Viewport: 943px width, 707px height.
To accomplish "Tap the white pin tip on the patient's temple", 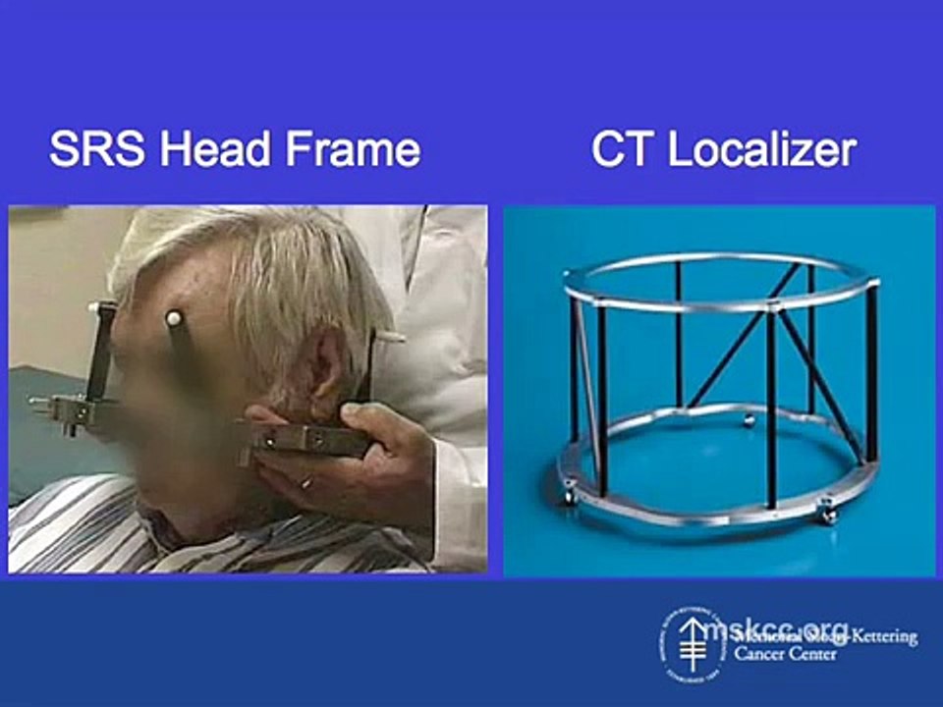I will [173, 319].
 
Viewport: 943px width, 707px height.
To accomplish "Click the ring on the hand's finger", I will [307, 482].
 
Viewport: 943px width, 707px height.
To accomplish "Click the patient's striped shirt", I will [108, 535].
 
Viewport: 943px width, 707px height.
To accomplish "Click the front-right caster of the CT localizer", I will [828, 513].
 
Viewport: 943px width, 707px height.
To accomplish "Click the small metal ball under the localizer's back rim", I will [749, 420].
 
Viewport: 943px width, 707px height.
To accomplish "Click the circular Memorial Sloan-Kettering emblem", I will [693, 645].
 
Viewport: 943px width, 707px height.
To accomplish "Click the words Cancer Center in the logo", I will [786, 655].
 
